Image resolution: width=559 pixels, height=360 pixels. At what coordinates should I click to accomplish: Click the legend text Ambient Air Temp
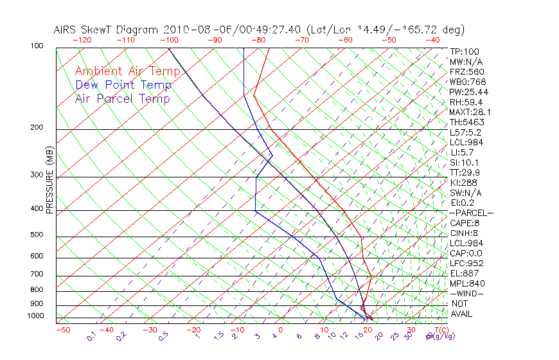(127, 71)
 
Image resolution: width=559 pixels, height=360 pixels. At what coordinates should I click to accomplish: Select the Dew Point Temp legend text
(123, 85)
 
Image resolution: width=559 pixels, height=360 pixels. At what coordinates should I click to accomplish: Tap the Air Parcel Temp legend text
(122, 98)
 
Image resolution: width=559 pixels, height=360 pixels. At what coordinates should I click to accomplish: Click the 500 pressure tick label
(37, 235)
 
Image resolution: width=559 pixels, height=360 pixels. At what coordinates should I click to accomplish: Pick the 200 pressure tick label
(37, 127)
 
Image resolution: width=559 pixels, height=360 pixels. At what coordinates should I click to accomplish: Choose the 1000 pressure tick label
(35, 316)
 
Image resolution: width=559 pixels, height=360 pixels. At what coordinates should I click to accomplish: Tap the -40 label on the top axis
(432, 39)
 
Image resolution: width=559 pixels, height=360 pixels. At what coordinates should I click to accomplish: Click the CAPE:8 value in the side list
(465, 222)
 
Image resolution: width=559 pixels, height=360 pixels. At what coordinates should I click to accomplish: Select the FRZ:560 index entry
(467, 71)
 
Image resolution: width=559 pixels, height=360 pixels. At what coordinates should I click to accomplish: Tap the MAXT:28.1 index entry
(470, 112)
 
